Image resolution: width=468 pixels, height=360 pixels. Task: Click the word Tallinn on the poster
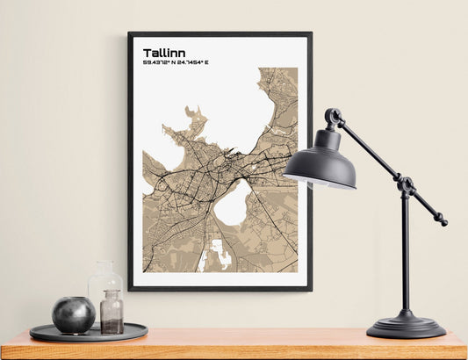point(163,53)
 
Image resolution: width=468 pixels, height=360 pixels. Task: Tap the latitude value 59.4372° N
point(159,63)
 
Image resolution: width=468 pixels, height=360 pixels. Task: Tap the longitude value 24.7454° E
point(192,63)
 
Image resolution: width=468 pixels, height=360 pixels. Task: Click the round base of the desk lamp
point(405,327)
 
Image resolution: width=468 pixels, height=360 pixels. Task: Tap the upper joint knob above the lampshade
point(333,116)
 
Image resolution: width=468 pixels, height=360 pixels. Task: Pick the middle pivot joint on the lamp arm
point(405,184)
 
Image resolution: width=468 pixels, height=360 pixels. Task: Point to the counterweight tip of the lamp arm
point(443,220)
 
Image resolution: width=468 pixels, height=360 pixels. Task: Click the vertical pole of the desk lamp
point(405,255)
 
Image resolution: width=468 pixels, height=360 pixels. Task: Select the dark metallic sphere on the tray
point(74,314)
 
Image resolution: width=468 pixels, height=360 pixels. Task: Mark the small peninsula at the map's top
point(194,114)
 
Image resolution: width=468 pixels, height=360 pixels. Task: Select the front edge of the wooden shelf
point(234,350)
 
